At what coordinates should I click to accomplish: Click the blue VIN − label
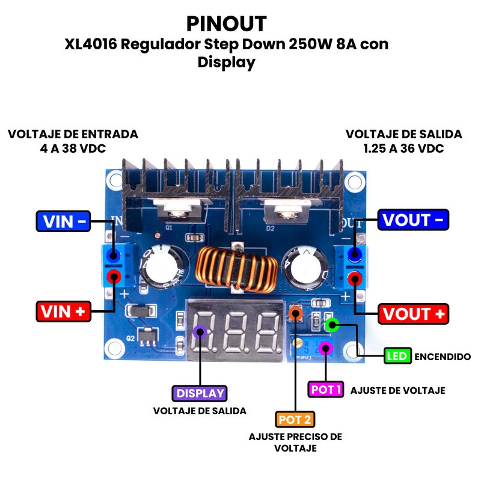64,221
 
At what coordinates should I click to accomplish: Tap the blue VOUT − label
414,220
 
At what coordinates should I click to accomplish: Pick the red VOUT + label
414,314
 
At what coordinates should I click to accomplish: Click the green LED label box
397,356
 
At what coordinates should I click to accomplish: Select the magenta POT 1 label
326,390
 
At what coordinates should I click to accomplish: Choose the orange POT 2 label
295,419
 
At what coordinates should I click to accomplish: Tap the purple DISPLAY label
200,393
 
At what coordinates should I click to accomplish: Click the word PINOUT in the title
226,23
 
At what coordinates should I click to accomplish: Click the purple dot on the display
200,332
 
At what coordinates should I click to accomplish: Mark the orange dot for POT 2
295,313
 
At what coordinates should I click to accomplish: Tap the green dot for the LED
332,325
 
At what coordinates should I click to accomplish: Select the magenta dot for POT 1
326,348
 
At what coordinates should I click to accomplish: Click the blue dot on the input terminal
113,257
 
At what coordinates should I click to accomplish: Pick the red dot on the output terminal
356,278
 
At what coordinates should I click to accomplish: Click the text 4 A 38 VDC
73,147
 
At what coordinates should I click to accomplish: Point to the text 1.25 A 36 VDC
403,147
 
